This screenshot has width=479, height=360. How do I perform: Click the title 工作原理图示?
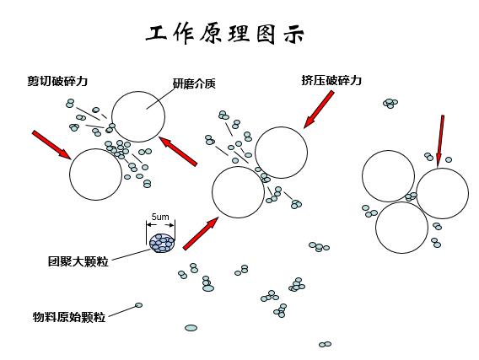(224, 34)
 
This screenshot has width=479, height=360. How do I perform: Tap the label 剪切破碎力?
(57, 81)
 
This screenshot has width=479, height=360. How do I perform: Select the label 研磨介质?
(194, 83)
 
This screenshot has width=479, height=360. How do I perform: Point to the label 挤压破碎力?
(331, 80)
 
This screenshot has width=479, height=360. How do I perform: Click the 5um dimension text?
(160, 217)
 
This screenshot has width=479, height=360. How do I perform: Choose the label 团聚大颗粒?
(78, 261)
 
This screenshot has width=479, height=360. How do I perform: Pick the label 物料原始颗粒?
(69, 317)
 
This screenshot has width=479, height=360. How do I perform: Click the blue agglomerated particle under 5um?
(162, 243)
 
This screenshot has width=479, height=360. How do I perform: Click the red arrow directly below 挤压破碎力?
(319, 109)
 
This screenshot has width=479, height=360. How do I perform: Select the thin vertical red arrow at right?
(440, 141)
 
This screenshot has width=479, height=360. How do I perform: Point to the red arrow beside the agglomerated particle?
(201, 234)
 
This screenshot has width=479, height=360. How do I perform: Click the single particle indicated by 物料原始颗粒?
(138, 305)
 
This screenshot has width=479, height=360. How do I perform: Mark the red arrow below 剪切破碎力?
(51, 145)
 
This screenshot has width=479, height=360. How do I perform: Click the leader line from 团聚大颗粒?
(131, 255)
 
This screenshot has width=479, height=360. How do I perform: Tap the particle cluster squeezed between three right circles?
(411, 196)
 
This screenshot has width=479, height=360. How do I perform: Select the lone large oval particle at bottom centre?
(191, 328)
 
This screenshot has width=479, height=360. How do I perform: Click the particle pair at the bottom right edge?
(325, 345)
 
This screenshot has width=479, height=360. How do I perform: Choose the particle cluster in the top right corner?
(390, 103)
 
